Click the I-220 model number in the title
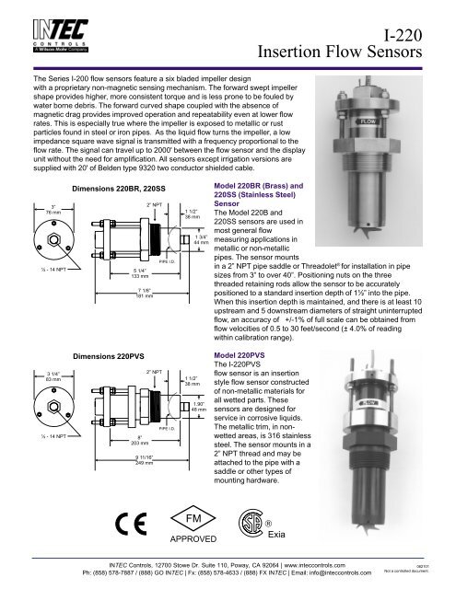tap(401, 38)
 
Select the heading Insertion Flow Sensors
tap(355, 58)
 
